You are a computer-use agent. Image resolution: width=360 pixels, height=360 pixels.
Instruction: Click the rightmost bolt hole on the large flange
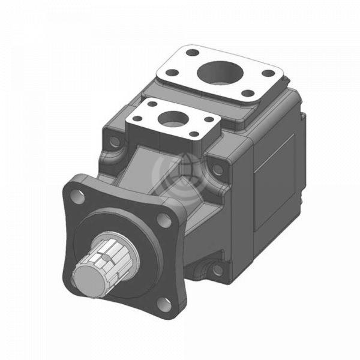(268, 73)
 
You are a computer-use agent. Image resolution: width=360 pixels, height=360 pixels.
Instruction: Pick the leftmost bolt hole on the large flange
(171, 73)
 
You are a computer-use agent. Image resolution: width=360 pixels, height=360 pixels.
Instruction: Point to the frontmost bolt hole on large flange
(246, 94)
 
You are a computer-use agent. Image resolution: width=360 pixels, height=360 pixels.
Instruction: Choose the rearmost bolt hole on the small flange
(152, 104)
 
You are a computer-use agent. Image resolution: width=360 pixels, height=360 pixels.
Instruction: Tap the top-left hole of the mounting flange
(75, 196)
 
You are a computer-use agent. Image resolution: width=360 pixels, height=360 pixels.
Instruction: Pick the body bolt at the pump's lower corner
(217, 269)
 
